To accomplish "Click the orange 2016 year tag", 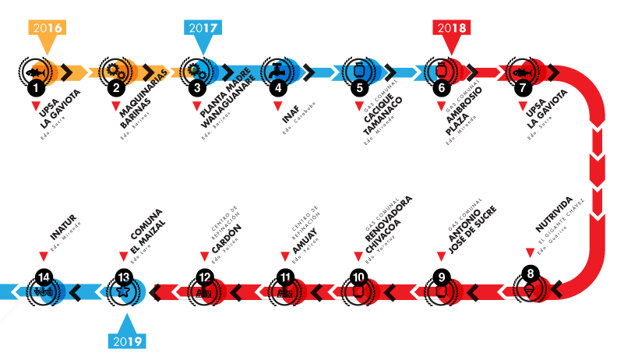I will (x=47, y=28).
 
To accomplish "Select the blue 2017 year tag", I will (x=203, y=28).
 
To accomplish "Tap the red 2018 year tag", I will (x=452, y=28).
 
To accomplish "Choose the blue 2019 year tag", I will (x=125, y=341).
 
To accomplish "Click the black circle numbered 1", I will (x=35, y=88).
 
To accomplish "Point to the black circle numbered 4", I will (x=278, y=88).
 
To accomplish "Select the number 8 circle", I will (x=531, y=274).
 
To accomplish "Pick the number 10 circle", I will (x=358, y=277).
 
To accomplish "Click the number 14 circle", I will (x=43, y=277).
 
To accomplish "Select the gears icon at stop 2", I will (x=117, y=70).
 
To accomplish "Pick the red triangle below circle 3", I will (x=197, y=105).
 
